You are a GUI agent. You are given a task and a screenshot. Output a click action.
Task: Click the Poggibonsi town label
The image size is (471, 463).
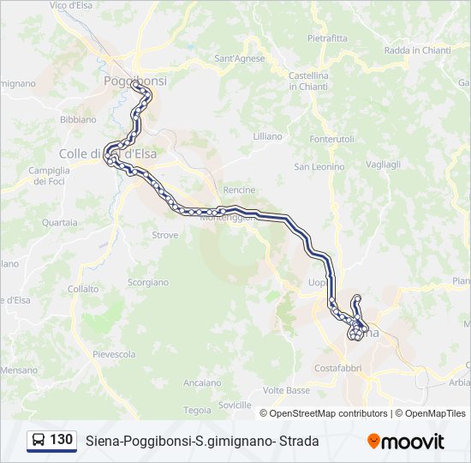click(134, 80)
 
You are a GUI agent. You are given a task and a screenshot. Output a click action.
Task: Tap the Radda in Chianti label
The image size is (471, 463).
click(417, 51)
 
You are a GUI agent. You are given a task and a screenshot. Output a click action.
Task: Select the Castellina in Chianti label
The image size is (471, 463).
click(309, 81)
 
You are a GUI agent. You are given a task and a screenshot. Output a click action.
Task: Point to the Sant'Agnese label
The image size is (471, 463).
click(239, 58)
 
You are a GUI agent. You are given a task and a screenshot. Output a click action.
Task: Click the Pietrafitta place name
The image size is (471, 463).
click(327, 38)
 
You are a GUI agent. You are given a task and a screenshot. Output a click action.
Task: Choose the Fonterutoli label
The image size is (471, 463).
click(332, 139)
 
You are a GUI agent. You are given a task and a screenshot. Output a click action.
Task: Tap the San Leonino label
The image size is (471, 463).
click(319, 166)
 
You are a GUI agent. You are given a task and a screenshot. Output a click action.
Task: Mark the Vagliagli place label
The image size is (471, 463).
click(383, 164)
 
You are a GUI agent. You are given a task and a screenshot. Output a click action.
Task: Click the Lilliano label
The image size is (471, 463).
click(267, 136)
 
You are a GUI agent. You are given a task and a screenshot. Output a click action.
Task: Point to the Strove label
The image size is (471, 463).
click(164, 234)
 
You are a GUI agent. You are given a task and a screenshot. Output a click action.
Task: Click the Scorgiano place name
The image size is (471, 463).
click(147, 282)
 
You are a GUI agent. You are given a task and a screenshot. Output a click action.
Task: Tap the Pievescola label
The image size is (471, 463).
click(114, 354)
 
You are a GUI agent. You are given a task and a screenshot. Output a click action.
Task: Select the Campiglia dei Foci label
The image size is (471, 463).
click(49, 175)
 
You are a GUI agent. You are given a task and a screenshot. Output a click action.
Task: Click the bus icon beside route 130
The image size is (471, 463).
click(39, 441)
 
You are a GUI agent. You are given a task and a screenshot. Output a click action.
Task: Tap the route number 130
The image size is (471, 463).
click(61, 440)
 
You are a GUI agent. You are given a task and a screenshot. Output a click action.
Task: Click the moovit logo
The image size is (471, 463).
click(406, 442)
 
